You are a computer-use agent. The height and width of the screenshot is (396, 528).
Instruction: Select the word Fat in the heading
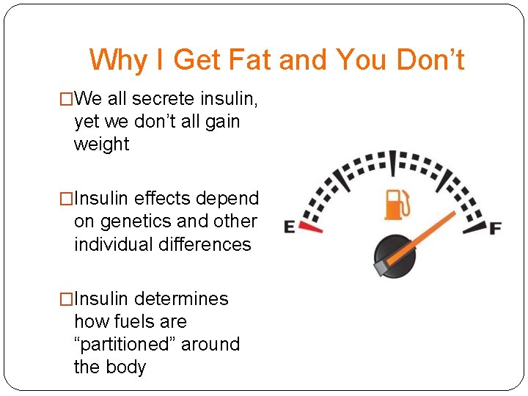click(247, 60)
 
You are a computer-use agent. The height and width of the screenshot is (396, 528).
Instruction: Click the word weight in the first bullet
click(101, 144)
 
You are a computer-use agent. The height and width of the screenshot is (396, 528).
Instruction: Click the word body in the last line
click(126, 367)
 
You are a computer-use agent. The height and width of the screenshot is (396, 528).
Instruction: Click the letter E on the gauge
click(290, 227)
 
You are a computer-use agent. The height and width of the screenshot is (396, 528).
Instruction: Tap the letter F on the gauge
click(495, 228)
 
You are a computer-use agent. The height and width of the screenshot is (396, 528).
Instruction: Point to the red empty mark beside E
click(312, 228)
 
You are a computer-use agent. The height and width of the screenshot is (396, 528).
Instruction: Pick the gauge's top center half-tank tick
click(392, 161)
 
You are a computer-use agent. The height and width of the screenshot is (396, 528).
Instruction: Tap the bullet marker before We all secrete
click(66, 98)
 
